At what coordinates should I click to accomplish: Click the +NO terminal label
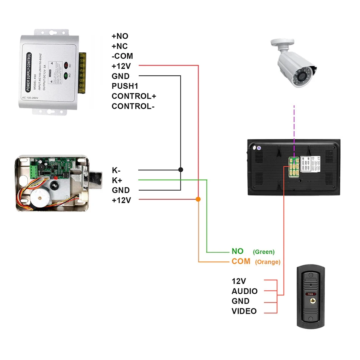120,36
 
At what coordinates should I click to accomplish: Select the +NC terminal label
120,46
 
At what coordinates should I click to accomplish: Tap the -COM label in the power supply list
122,56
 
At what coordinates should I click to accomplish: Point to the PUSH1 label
125,86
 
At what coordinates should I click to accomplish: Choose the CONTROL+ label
134,96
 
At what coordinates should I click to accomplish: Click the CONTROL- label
133,106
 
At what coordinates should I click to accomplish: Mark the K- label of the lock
116,170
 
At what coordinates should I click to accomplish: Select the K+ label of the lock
117,180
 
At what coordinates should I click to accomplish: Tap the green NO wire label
237,252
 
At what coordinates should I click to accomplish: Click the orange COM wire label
241,261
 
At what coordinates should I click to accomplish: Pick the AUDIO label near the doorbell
244,291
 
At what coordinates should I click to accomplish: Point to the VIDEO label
244,311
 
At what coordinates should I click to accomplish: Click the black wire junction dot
181,170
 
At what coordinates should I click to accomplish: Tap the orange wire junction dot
198,199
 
